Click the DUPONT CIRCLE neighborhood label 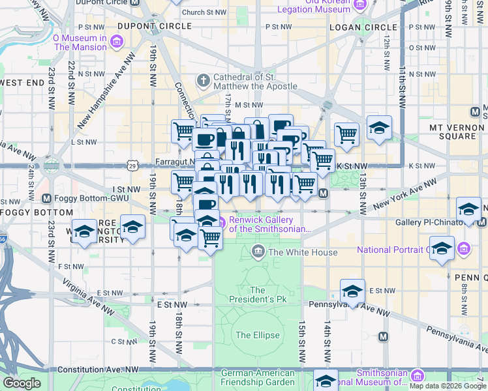point(155,26)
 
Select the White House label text point(303,252)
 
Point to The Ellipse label point(257,336)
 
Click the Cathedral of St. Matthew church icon point(204,81)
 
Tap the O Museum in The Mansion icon point(117,42)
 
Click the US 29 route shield point(132,166)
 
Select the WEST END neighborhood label point(22,83)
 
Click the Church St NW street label point(202,12)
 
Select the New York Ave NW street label point(397,197)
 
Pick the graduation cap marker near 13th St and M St point(379,128)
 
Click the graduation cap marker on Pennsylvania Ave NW point(352,291)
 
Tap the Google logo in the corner point(22,384)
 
